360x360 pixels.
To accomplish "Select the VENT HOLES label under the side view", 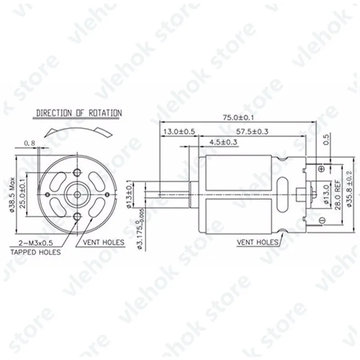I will click(258, 242).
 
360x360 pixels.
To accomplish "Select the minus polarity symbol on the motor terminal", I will click(322, 220).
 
